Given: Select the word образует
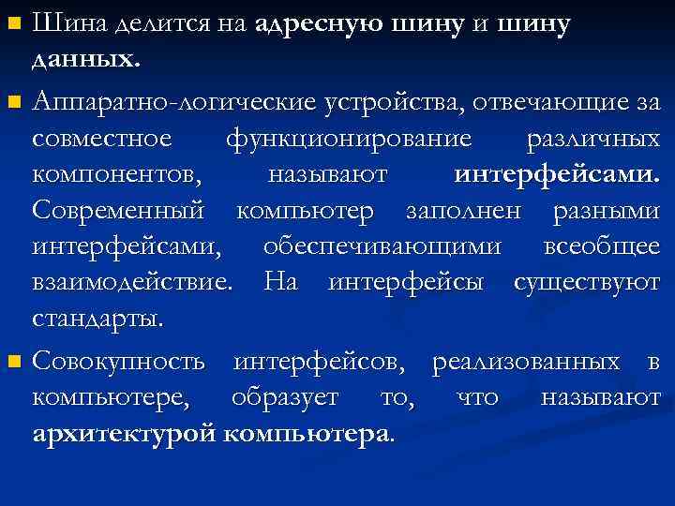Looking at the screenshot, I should click(293, 397).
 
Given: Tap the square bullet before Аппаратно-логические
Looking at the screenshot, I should click(13, 100).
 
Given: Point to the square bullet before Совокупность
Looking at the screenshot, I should click(13, 362).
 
